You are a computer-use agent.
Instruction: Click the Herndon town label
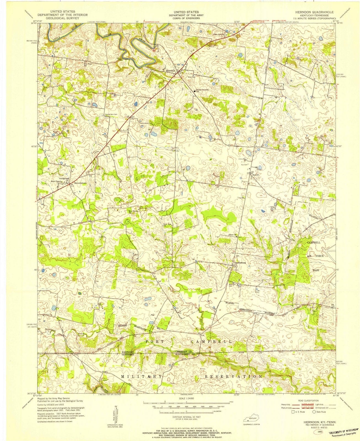pyautogui.click(x=171, y=71)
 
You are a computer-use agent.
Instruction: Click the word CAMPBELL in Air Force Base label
pyautogui.click(x=313, y=243)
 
